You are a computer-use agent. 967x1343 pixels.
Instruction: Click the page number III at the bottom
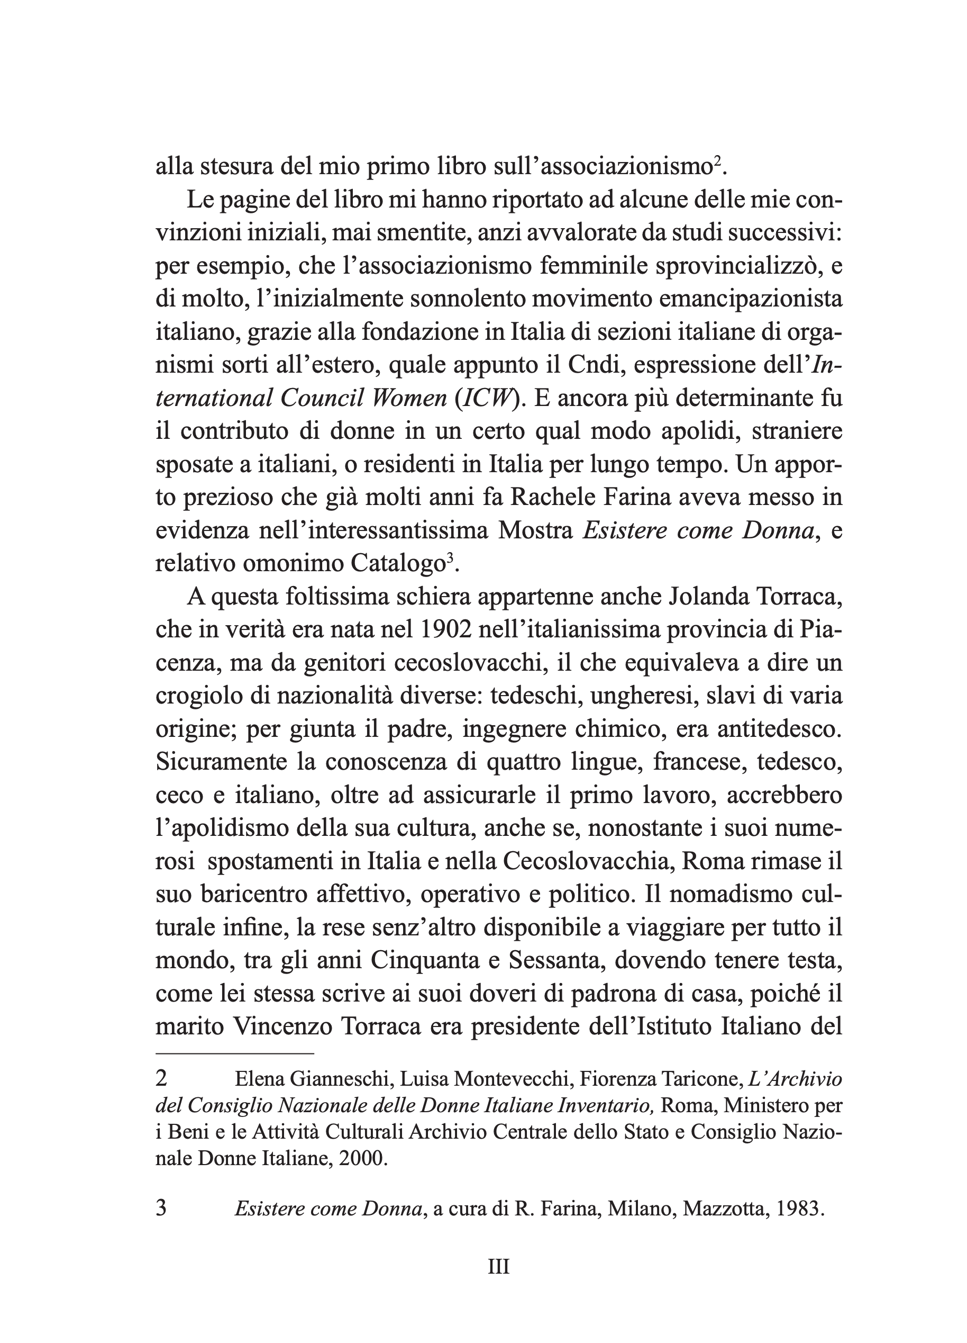498,1267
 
